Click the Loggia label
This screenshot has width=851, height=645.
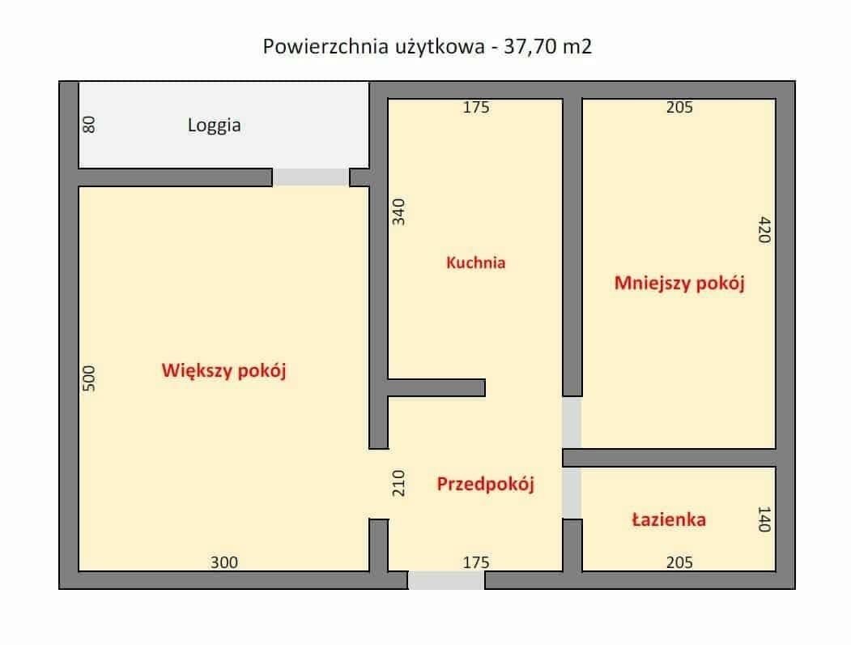(215, 126)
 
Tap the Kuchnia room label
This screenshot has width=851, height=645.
(476, 263)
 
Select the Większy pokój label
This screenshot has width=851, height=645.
(225, 371)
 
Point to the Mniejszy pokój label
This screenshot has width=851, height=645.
(679, 284)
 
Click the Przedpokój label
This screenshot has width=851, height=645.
(487, 485)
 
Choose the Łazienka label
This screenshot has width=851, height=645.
(669, 519)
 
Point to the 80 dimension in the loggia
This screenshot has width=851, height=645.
(90, 126)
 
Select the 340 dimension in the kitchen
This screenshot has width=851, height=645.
(398, 211)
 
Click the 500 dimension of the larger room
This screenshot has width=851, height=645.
(90, 378)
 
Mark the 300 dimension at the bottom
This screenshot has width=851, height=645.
(224, 562)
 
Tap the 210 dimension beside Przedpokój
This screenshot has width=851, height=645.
(398, 484)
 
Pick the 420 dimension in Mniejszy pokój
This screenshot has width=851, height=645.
(765, 231)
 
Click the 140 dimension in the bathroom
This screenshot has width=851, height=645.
(765, 519)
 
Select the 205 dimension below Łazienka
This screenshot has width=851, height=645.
(679, 562)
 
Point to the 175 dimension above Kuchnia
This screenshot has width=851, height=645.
(476, 107)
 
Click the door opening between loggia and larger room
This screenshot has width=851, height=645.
(311, 177)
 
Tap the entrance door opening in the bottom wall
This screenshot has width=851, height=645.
(446, 580)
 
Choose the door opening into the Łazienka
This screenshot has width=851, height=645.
(572, 493)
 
